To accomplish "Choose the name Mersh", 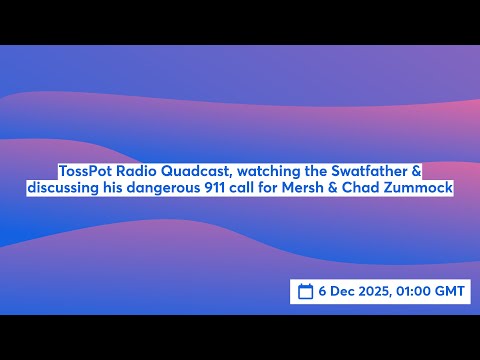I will click(x=314, y=188).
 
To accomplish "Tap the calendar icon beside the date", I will click(x=306, y=291).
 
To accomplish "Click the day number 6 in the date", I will click(x=324, y=291).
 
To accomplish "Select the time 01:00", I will click(x=420, y=291).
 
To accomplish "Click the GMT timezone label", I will click(x=453, y=291).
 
